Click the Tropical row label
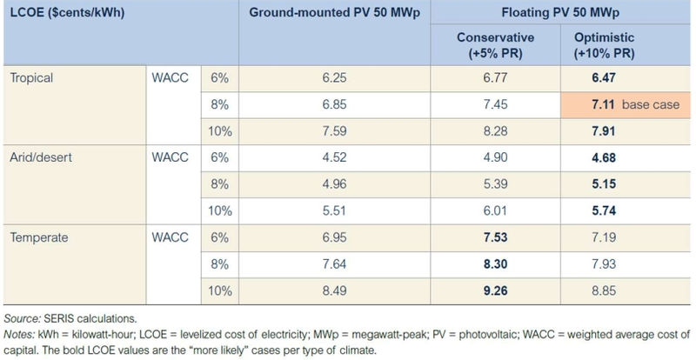[32, 77]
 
